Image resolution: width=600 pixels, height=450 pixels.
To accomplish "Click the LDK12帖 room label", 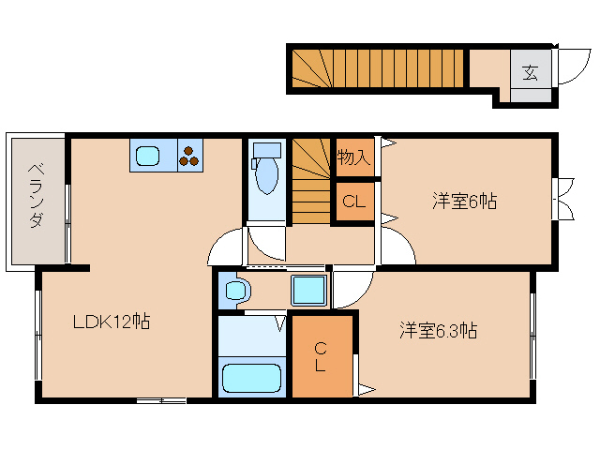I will pos(112,322).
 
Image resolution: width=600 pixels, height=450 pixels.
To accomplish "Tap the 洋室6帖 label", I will pos(464,201).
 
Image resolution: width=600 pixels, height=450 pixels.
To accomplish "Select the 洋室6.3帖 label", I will pos(438,330).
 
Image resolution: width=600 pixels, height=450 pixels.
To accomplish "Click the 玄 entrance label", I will pos(531,72).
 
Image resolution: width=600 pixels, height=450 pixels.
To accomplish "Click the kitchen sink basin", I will pos(148,157).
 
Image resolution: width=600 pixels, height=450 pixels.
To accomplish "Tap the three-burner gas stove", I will pos(190,156).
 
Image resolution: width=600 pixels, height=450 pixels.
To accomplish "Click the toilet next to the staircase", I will pos(267,170).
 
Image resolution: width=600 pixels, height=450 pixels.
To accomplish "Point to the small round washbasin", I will pos(234,291).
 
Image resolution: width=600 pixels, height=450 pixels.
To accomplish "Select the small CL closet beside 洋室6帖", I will pos(353,201).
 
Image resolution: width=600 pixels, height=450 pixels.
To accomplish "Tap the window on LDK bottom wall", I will pos(161,401).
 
